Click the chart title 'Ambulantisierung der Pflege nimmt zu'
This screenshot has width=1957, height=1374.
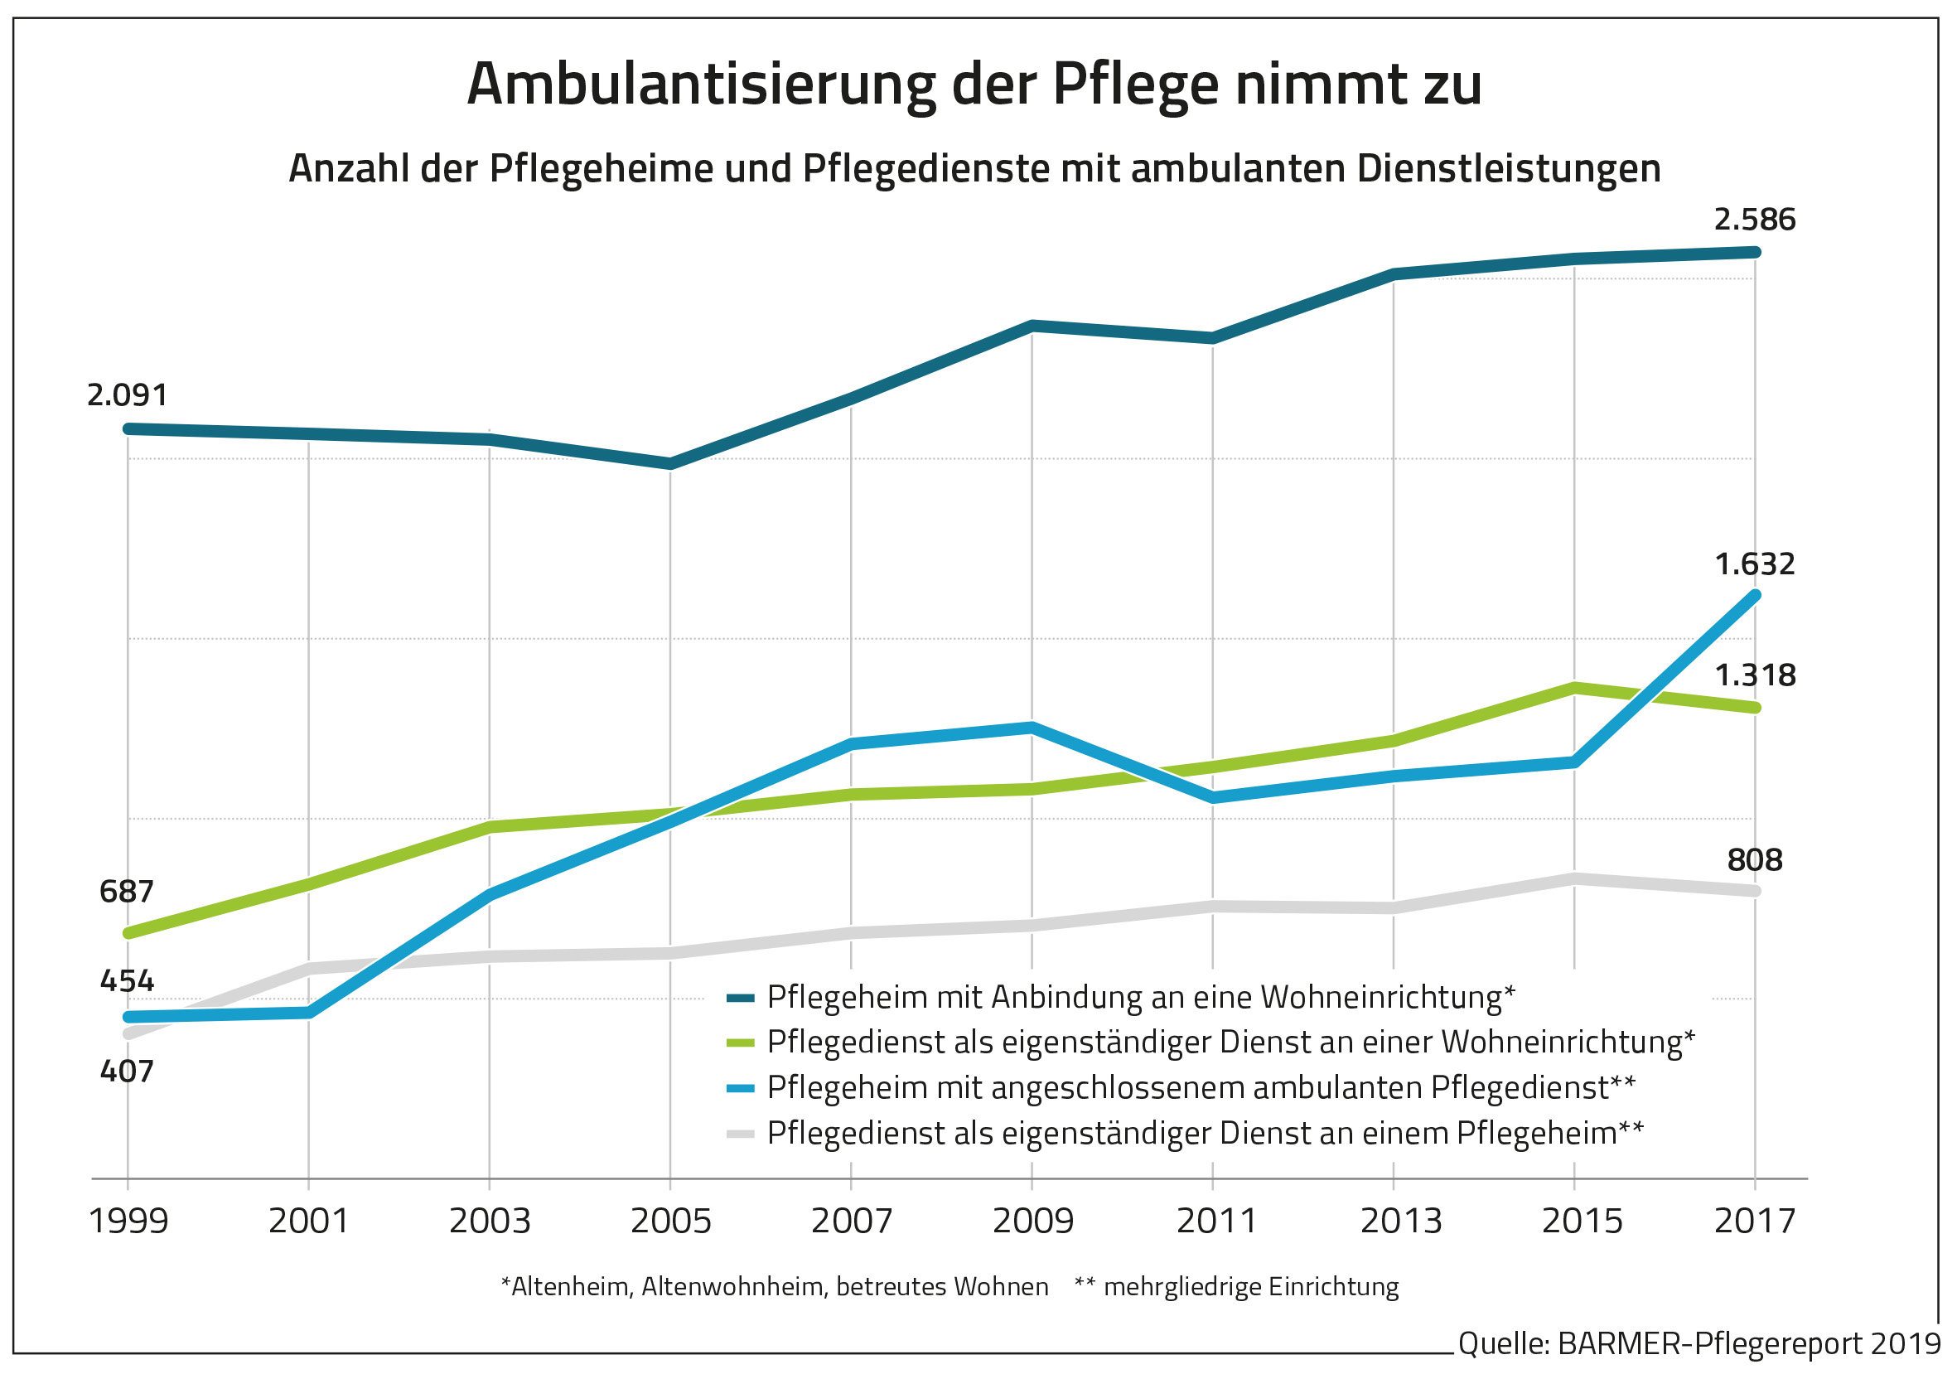click(974, 85)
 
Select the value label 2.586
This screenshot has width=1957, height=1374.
click(1754, 220)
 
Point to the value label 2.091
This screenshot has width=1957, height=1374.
click(128, 395)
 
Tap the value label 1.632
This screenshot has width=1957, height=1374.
click(1754, 564)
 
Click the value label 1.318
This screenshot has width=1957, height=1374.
click(1754, 675)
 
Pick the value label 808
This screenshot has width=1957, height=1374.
click(1754, 860)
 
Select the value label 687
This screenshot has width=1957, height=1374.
click(126, 892)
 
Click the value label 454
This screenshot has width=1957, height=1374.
click(127, 981)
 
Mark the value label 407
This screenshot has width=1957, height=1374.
click(127, 1072)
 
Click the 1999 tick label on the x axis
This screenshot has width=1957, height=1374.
click(128, 1222)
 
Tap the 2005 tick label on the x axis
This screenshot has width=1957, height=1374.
click(671, 1222)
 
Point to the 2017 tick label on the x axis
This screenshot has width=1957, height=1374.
click(1754, 1222)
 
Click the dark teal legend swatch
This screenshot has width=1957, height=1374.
click(740, 998)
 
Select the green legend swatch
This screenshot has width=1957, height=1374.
click(740, 1043)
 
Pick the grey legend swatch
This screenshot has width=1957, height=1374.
click(740, 1134)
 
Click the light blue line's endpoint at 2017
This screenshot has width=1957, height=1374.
click(1755, 595)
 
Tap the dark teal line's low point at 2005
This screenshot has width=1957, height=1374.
click(671, 464)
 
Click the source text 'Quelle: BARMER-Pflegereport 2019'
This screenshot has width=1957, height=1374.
click(1698, 1344)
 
